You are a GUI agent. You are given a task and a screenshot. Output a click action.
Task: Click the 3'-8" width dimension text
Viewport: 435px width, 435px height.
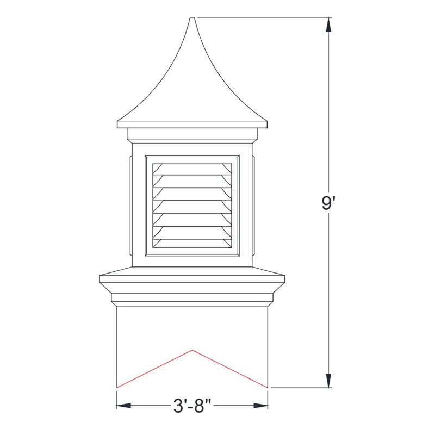[x=192, y=406]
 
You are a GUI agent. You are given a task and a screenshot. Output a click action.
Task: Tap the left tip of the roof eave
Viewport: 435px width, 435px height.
[x=117, y=125]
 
